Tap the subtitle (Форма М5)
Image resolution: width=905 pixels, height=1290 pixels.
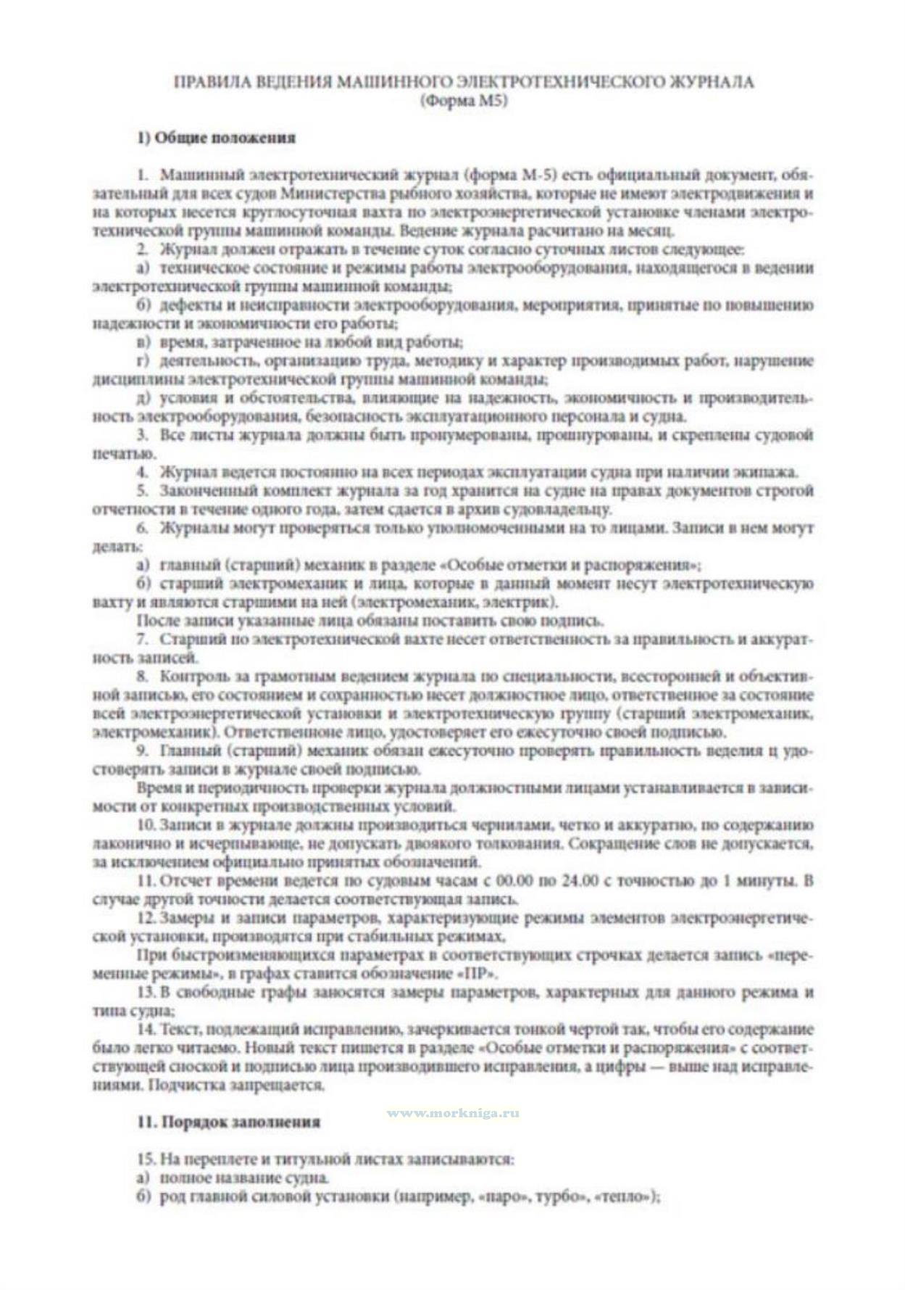coord(464,102)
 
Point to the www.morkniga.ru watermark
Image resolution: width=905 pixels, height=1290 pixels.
coord(453,1113)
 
